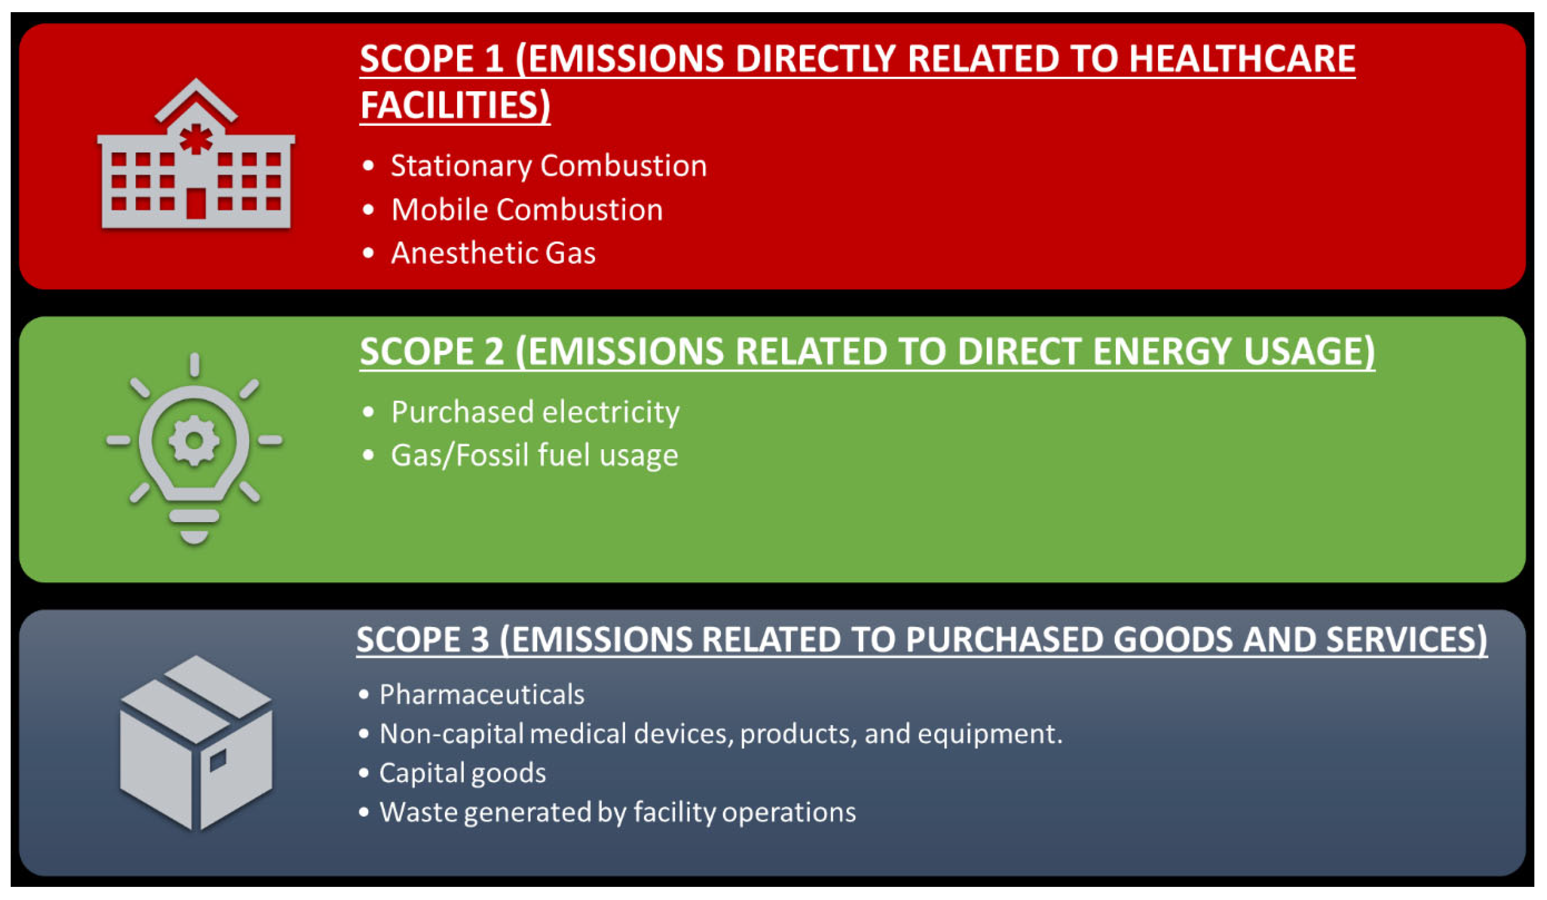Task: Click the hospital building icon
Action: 196,153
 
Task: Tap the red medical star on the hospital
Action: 196,139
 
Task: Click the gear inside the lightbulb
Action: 194,440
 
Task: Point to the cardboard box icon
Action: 196,743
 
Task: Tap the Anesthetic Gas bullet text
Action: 493,253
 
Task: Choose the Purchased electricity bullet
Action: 535,412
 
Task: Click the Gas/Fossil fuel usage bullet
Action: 535,456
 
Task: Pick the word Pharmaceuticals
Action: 482,695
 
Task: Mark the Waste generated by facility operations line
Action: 617,812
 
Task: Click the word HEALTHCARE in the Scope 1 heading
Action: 1242,59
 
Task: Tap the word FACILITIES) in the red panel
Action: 455,105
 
